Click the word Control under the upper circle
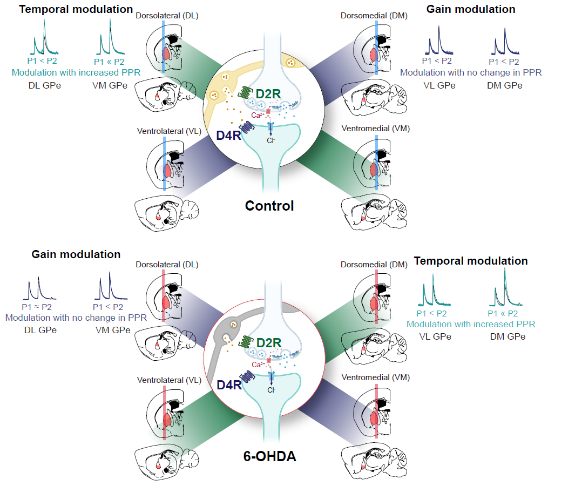tap(269, 206)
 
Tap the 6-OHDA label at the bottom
tap(269, 457)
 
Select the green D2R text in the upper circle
tap(268, 93)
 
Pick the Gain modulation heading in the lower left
tap(76, 254)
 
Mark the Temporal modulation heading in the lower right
tap(471, 261)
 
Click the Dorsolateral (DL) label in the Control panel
tap(168, 16)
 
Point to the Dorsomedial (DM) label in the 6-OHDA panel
tap(374, 265)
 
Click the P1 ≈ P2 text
tap(37, 307)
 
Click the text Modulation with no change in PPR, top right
tap(471, 72)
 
